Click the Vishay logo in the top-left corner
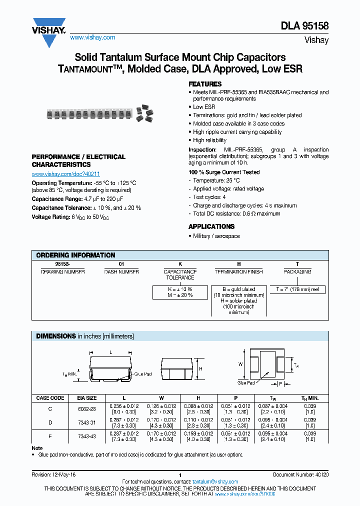[x=49, y=31]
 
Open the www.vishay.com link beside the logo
[x=92, y=37]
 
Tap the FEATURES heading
[x=205, y=84]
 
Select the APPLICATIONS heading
[x=211, y=226]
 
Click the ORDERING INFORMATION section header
[x=75, y=255]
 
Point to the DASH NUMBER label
[x=121, y=271]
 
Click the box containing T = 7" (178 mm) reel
[x=297, y=289]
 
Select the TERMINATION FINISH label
[x=238, y=271]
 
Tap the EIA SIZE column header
[x=87, y=398]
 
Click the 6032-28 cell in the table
[x=87, y=408]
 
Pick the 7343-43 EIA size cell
[x=87, y=436]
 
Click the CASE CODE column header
[x=50, y=398]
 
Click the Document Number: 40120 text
[x=300, y=474]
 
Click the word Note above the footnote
[x=37, y=448]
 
